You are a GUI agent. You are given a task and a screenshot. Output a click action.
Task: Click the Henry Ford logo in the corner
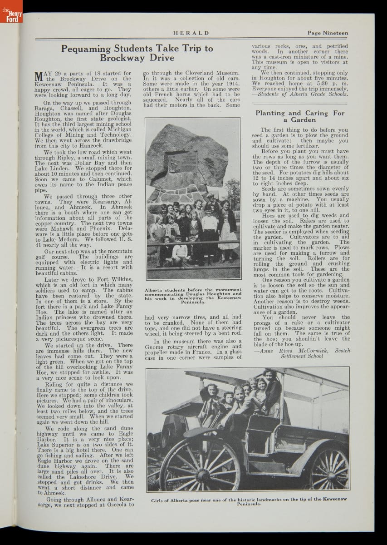tap(11, 14)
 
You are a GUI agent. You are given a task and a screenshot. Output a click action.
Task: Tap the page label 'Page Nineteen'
tap(328, 33)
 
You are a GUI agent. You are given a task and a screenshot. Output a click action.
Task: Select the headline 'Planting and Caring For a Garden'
tap(300, 116)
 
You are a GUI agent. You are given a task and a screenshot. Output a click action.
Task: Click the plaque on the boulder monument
tap(183, 162)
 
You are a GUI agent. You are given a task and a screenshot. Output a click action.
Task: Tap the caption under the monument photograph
tap(193, 295)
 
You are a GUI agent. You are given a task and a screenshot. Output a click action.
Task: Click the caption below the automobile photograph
tap(247, 502)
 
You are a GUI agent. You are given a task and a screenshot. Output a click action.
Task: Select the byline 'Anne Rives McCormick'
tap(295, 351)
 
